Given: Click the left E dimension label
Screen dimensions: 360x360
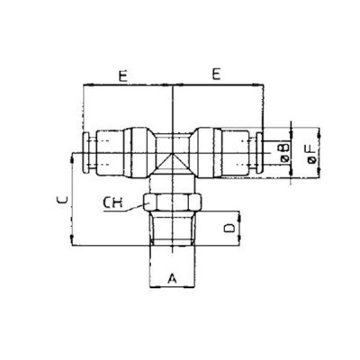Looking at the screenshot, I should point(120,76).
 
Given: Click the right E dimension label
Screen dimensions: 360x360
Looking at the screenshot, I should point(217,76).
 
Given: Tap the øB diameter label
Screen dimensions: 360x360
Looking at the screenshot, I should point(284,148).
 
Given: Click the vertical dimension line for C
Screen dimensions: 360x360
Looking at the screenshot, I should point(70,198).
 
